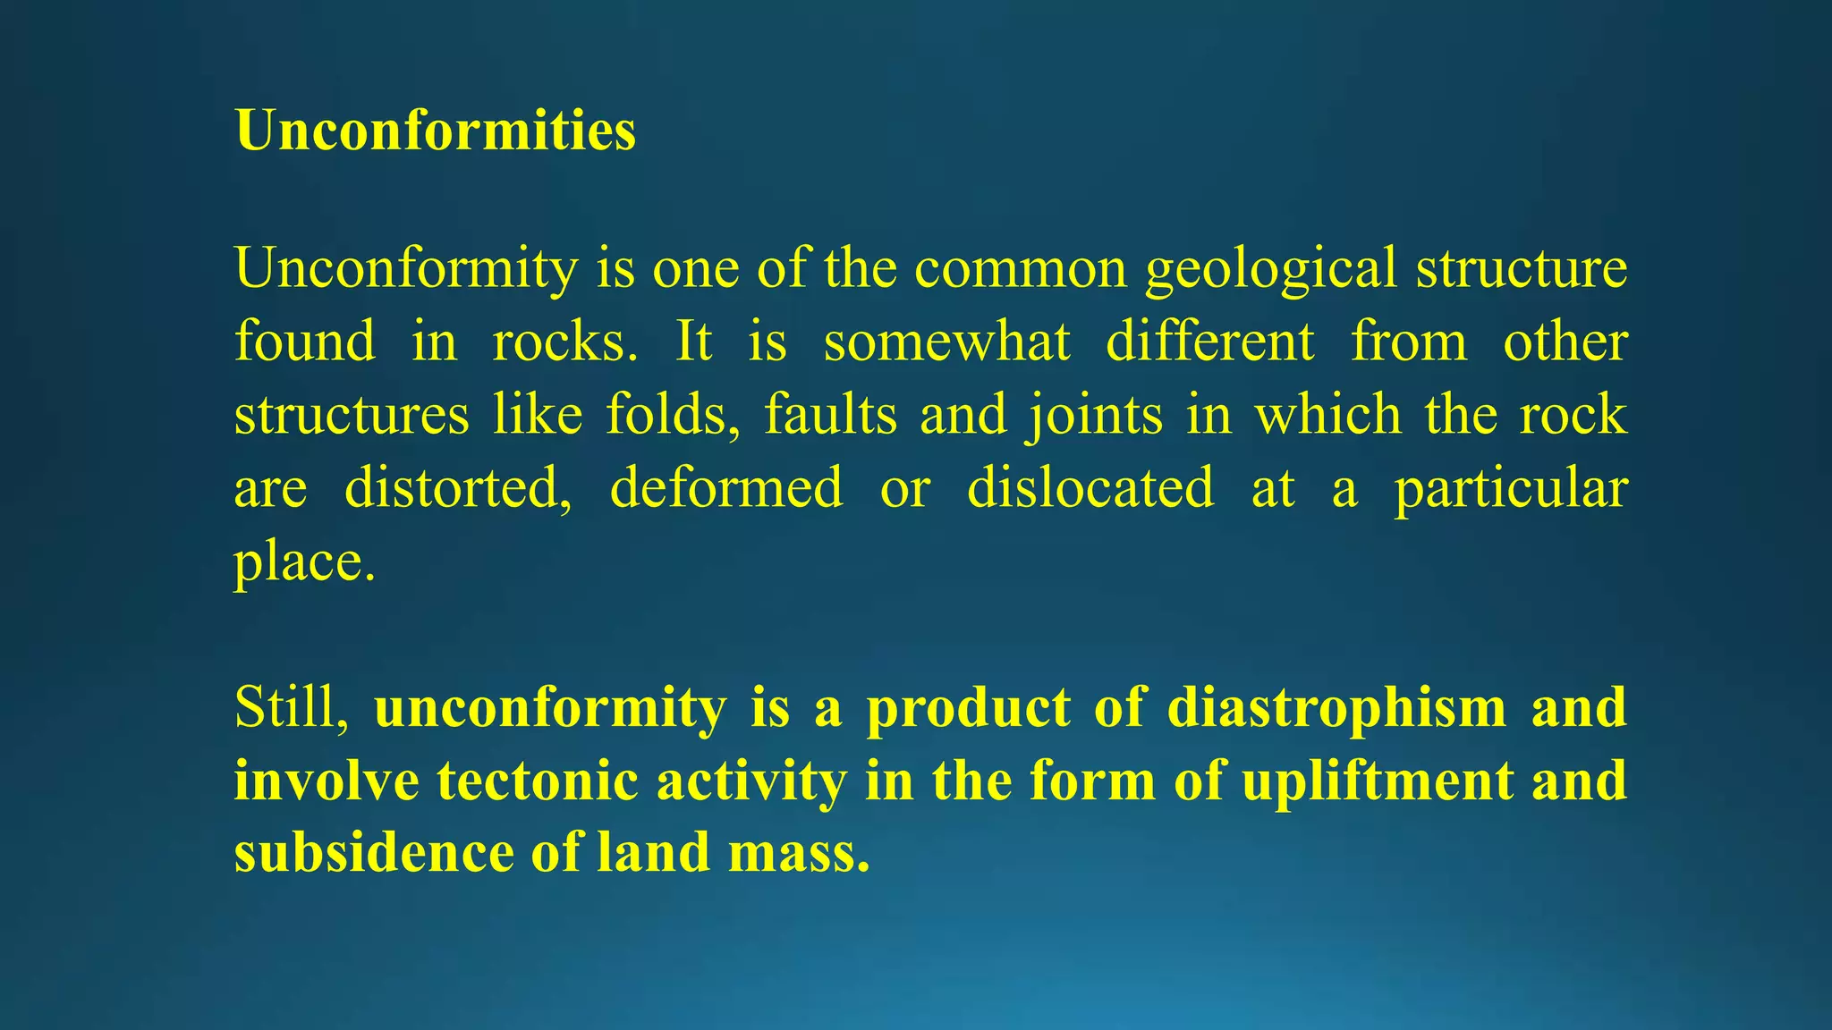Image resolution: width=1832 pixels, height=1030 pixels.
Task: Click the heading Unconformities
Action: (x=436, y=131)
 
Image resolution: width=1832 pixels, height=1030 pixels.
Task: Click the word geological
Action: (x=1271, y=268)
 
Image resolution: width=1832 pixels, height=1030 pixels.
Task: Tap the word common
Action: (x=1021, y=268)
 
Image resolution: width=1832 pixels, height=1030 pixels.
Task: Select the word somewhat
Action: (x=946, y=342)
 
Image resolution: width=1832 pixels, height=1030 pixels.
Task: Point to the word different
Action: (x=1210, y=342)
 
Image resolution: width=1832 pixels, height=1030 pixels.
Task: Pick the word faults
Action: (x=830, y=415)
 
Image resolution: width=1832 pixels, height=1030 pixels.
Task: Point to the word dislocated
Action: (x=1090, y=488)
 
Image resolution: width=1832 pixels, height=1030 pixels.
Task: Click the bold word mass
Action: (x=798, y=852)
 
